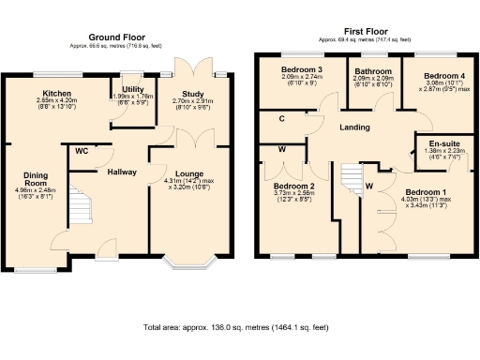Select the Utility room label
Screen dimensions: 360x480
coord(132,89)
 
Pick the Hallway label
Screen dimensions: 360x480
coord(123,172)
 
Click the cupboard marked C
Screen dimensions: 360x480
coord(283,119)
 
